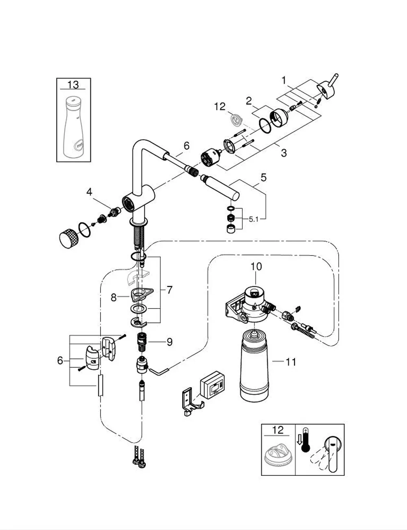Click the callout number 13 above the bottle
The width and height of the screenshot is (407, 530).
pyautogui.click(x=73, y=85)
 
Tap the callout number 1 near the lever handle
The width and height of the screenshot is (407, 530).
pyautogui.click(x=284, y=80)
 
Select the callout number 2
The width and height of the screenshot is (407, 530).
pyautogui.click(x=249, y=101)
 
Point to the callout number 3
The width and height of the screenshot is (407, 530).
pyautogui.click(x=284, y=153)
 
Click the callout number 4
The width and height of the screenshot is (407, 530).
pyautogui.click(x=89, y=192)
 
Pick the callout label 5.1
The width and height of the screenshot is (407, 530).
pyautogui.click(x=254, y=219)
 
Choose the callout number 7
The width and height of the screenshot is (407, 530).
pyautogui.click(x=169, y=290)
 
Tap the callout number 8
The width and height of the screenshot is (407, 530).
pyautogui.click(x=114, y=298)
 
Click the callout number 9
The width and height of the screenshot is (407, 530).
pyautogui.click(x=169, y=342)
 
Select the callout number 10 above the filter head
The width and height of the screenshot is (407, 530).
pyautogui.click(x=256, y=267)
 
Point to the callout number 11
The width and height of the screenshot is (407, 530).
pyautogui.click(x=291, y=362)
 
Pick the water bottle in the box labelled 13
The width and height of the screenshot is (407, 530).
pyautogui.click(x=73, y=127)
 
